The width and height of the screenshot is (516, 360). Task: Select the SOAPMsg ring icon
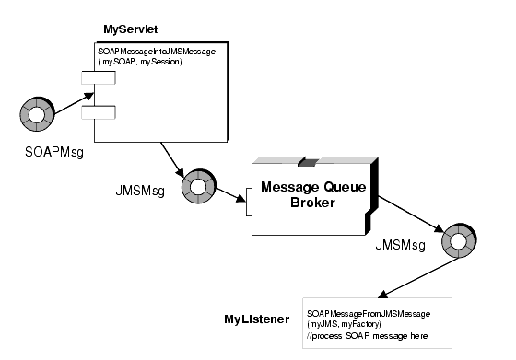[36, 118]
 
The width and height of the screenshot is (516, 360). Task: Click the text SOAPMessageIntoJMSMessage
[157, 52]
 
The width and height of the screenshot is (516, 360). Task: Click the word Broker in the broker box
[311, 203]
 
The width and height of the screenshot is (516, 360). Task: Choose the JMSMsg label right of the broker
[400, 246]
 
